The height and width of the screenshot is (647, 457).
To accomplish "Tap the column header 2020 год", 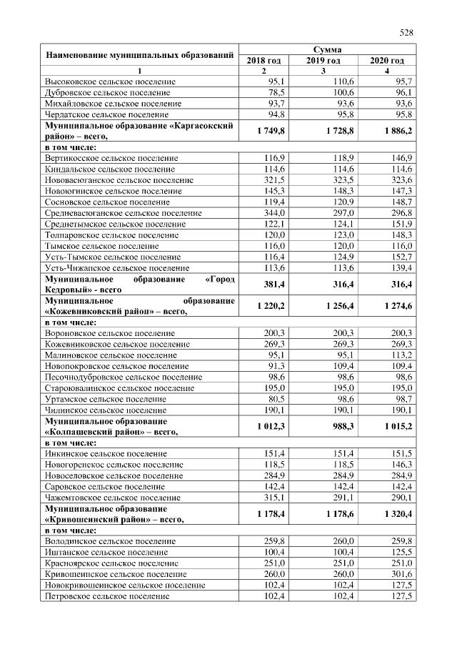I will point(386,61).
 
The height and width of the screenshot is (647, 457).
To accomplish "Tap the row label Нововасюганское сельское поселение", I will point(119,180).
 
